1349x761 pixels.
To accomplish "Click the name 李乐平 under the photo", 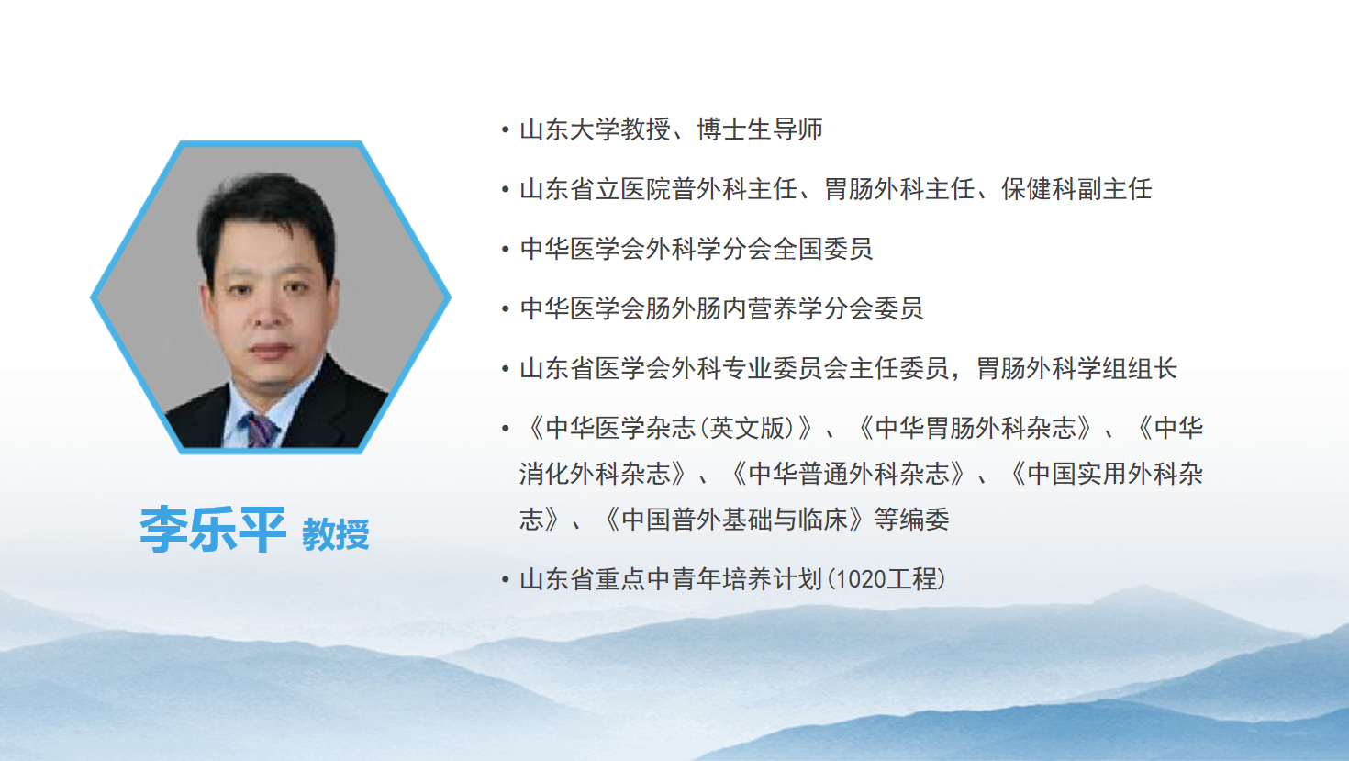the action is click(213, 530).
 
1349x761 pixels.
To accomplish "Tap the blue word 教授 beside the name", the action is click(336, 534).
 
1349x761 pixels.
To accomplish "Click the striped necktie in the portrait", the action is click(260, 431).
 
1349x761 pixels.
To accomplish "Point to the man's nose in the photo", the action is click(268, 313).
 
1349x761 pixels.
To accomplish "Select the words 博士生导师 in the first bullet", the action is click(760, 129).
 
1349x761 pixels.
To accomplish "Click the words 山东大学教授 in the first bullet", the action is click(595, 129).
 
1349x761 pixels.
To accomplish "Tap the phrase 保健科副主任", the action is click(1076, 189).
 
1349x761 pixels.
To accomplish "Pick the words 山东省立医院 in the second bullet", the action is click(595, 189).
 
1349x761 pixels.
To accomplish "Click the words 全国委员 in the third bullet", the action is click(822, 249).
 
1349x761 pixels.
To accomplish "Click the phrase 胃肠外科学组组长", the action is click(1076, 368).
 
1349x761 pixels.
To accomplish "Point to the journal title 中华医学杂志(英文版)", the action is click(670, 429).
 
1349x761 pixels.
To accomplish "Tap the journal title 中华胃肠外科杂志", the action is click(976, 429).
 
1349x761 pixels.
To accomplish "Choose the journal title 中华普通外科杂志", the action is click(849, 474).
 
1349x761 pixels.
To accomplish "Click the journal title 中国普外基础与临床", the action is click(735, 520).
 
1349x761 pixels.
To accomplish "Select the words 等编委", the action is click(912, 520).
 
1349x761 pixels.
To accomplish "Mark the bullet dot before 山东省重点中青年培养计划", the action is click(506, 579).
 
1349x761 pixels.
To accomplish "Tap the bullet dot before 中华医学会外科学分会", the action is click(506, 249).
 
